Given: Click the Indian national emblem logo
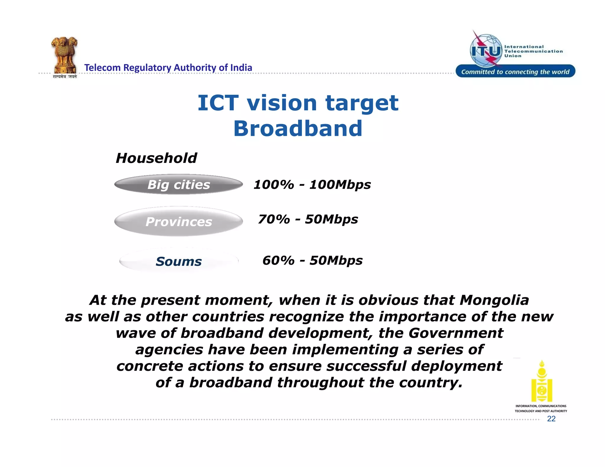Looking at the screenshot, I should point(64,56).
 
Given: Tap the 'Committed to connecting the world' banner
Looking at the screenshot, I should point(515,71).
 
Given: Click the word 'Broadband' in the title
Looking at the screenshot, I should point(298,129).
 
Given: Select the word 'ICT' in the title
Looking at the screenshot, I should point(218,103).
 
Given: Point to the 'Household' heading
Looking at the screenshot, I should point(156,158).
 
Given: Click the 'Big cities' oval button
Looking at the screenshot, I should point(178,184).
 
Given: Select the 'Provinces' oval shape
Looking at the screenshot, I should point(178,221).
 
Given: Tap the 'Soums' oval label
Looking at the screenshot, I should point(178,261).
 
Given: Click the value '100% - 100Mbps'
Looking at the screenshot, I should point(312,185).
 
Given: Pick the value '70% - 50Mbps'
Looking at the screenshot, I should point(308,219).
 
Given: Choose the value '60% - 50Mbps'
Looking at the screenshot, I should point(312,260).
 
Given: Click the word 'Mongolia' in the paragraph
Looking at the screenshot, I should point(494,300).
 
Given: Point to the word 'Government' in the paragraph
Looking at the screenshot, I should point(456,333).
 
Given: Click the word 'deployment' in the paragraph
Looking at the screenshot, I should point(456,366).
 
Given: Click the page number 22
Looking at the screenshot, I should point(551,419).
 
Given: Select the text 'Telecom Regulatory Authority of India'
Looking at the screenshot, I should point(168,68).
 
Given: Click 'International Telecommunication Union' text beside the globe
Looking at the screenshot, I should point(533,51).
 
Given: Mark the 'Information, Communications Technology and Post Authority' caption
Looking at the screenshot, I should point(541,409).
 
